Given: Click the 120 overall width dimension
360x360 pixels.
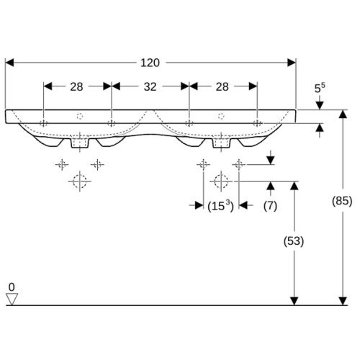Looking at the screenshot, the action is [x=150, y=63].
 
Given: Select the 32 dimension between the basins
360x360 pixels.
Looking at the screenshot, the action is [x=150, y=86].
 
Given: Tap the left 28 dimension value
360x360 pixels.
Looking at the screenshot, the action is [x=76, y=86].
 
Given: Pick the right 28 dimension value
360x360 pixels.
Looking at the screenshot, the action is [x=222, y=86].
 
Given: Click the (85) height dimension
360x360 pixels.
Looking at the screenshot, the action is [x=342, y=201].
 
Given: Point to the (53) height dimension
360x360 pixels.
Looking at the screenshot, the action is [x=294, y=241].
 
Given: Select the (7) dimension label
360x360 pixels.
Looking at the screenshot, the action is [x=270, y=206].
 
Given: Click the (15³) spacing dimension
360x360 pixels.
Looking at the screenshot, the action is [x=220, y=206].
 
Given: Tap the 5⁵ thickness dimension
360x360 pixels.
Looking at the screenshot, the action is [x=320, y=88].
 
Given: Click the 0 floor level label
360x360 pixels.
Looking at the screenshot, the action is [x=12, y=287].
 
